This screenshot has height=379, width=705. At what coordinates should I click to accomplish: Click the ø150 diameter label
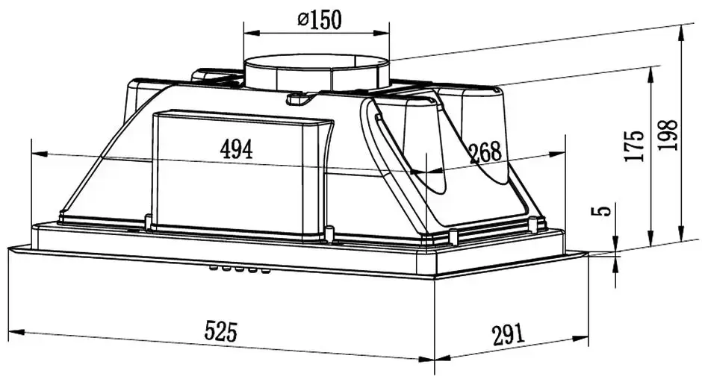[x=320, y=19]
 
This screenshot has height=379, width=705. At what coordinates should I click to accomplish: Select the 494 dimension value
[x=237, y=149]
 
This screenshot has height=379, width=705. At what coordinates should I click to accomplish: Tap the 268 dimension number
[x=485, y=153]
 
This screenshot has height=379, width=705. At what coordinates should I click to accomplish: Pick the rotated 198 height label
[x=667, y=135]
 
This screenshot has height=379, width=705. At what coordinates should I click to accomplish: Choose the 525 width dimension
[x=220, y=331]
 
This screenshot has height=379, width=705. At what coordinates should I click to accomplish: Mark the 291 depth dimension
[x=509, y=334]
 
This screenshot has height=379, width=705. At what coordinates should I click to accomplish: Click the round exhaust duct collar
[x=317, y=73]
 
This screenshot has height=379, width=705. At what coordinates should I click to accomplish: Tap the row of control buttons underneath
[x=240, y=269]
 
